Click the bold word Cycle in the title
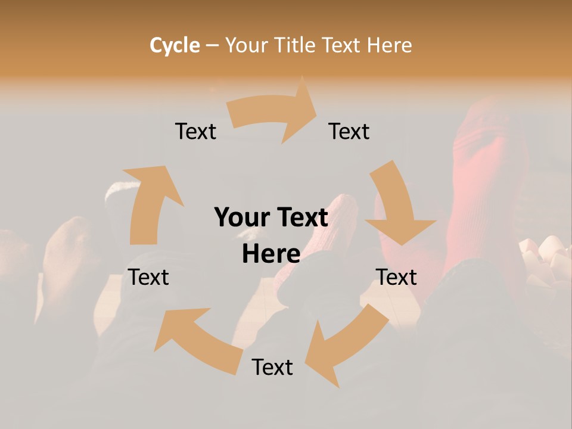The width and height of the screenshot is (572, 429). (x=175, y=45)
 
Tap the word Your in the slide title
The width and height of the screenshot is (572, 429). (x=245, y=45)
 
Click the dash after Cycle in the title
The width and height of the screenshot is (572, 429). (x=212, y=45)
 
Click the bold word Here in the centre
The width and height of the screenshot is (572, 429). (x=271, y=254)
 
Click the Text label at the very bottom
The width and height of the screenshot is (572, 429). (x=272, y=367)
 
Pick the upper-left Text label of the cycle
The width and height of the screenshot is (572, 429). (x=195, y=131)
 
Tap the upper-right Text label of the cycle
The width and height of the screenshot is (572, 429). (x=349, y=131)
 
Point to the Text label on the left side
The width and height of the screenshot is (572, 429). (x=148, y=277)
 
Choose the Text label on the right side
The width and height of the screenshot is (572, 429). (x=396, y=277)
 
